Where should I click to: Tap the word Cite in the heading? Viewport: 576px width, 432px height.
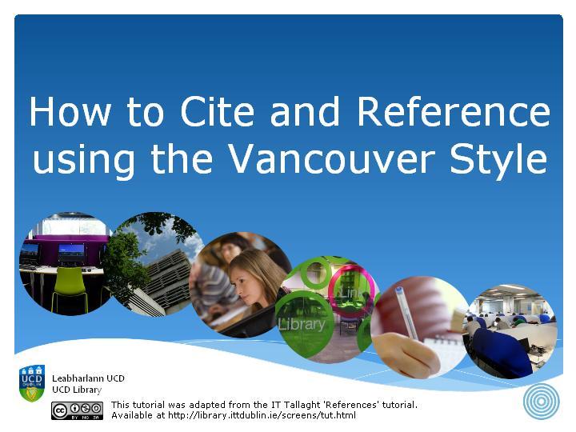[217, 111]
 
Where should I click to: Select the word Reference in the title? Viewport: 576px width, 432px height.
[454, 111]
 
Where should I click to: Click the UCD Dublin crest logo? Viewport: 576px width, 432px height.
[32, 382]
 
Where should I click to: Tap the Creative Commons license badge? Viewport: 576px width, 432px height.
[77, 410]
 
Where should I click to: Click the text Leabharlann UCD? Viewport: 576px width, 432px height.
[88, 378]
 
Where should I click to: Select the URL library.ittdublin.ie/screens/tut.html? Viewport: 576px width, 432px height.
[262, 415]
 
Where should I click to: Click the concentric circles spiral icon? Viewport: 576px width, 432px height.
[542, 402]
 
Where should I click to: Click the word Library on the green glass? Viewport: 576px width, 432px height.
[302, 324]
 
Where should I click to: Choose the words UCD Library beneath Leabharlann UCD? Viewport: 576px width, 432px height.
[77, 390]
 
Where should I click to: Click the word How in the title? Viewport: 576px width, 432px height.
[70, 111]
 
